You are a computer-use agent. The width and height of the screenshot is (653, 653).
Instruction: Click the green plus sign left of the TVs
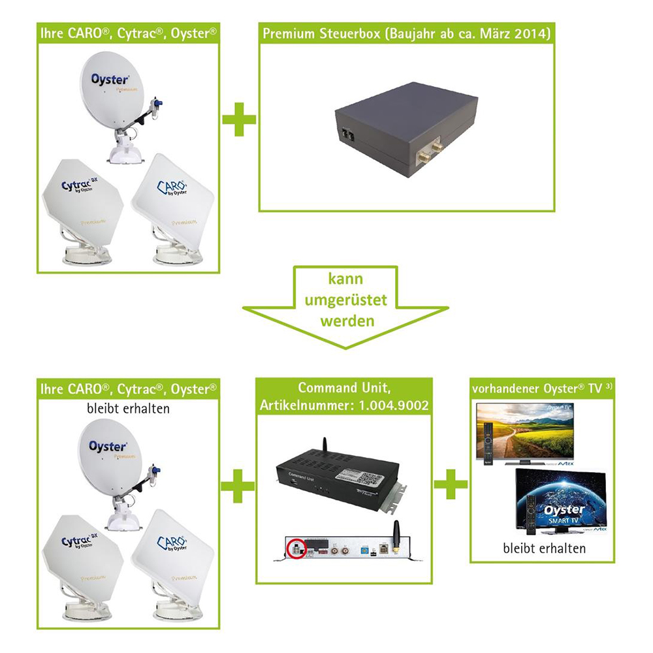(451, 486)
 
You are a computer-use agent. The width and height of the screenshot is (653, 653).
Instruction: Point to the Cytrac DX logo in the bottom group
(81, 541)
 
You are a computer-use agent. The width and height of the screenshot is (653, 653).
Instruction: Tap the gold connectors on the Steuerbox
(426, 151)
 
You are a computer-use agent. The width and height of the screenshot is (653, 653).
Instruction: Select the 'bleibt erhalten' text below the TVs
(544, 549)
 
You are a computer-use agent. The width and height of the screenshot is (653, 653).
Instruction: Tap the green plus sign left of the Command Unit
(238, 486)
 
